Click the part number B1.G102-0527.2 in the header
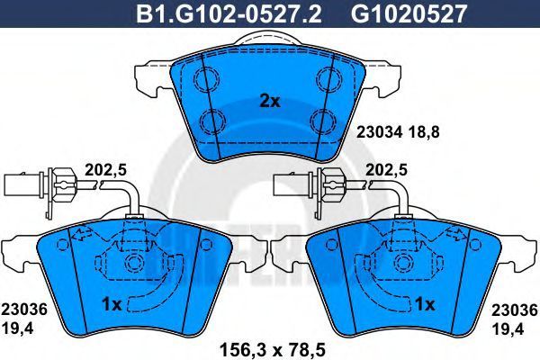(229, 14)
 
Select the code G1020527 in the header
(409, 14)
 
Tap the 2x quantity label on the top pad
(270, 102)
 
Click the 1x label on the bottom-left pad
(112, 304)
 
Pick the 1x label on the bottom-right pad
(425, 304)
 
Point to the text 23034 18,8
(398, 132)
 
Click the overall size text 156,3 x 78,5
(272, 350)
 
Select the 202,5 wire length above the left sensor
(106, 170)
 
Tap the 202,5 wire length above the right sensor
(386, 170)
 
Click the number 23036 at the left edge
(24, 310)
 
